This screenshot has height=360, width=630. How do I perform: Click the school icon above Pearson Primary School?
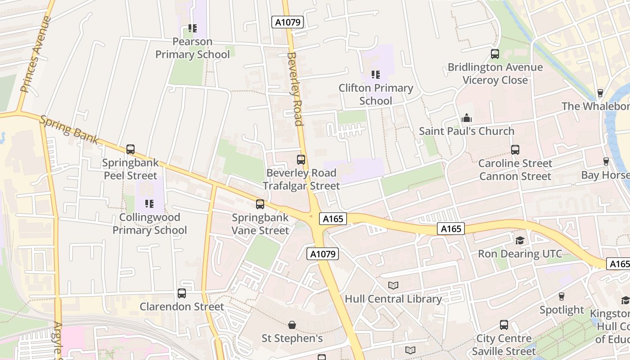point(193,28)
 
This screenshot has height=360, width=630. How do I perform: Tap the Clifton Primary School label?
point(376,94)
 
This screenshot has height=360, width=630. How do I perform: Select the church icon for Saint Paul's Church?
point(467,118)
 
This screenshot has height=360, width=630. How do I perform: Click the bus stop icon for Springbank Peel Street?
point(130,149)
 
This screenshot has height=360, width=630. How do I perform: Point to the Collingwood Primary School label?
point(149,224)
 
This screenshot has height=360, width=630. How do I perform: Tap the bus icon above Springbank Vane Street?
point(260,204)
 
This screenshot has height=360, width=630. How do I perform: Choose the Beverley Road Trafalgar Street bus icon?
point(301,160)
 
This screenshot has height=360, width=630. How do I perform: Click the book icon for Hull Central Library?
point(393,286)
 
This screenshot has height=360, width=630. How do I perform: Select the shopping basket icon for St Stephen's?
point(292,325)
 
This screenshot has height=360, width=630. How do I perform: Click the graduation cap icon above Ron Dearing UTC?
point(520,240)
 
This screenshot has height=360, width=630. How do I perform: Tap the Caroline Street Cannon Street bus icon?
point(515,150)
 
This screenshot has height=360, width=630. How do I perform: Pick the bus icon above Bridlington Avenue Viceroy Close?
point(495,54)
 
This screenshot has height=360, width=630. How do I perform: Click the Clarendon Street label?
point(182,306)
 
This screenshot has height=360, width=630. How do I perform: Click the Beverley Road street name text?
point(294,89)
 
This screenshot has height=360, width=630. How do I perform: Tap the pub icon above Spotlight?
point(562,297)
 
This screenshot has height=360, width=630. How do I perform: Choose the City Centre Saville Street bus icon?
point(504,325)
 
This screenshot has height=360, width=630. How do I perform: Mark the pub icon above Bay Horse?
point(606,162)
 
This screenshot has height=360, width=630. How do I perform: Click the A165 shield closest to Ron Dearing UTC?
point(451,229)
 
